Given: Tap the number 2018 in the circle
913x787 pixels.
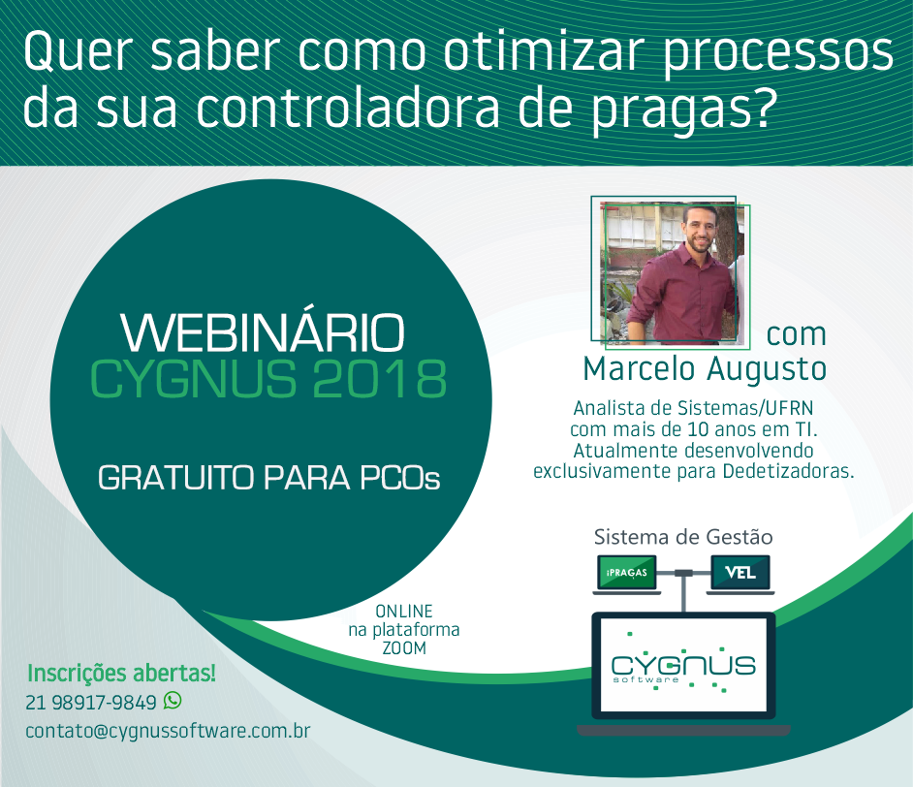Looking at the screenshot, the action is [379, 379].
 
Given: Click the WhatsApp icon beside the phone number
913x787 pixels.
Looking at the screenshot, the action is [173, 701].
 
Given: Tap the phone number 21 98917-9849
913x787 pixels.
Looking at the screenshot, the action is [91, 703].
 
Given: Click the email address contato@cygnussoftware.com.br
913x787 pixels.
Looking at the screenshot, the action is [168, 731].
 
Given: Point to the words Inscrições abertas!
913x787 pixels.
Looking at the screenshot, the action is [122, 673].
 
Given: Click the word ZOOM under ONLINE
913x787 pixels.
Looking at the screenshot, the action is [404, 647].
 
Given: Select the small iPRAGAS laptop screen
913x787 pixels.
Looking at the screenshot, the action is [626, 573].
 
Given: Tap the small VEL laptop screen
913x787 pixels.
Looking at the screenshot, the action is [740, 573].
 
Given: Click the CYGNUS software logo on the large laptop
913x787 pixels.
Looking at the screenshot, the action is [683, 668].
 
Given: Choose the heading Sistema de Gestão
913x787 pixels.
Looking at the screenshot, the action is [683, 537].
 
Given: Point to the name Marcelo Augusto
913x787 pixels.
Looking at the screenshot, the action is [705, 369].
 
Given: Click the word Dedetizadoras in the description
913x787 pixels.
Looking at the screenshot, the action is [788, 471].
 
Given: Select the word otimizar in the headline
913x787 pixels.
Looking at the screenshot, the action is [547, 52].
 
